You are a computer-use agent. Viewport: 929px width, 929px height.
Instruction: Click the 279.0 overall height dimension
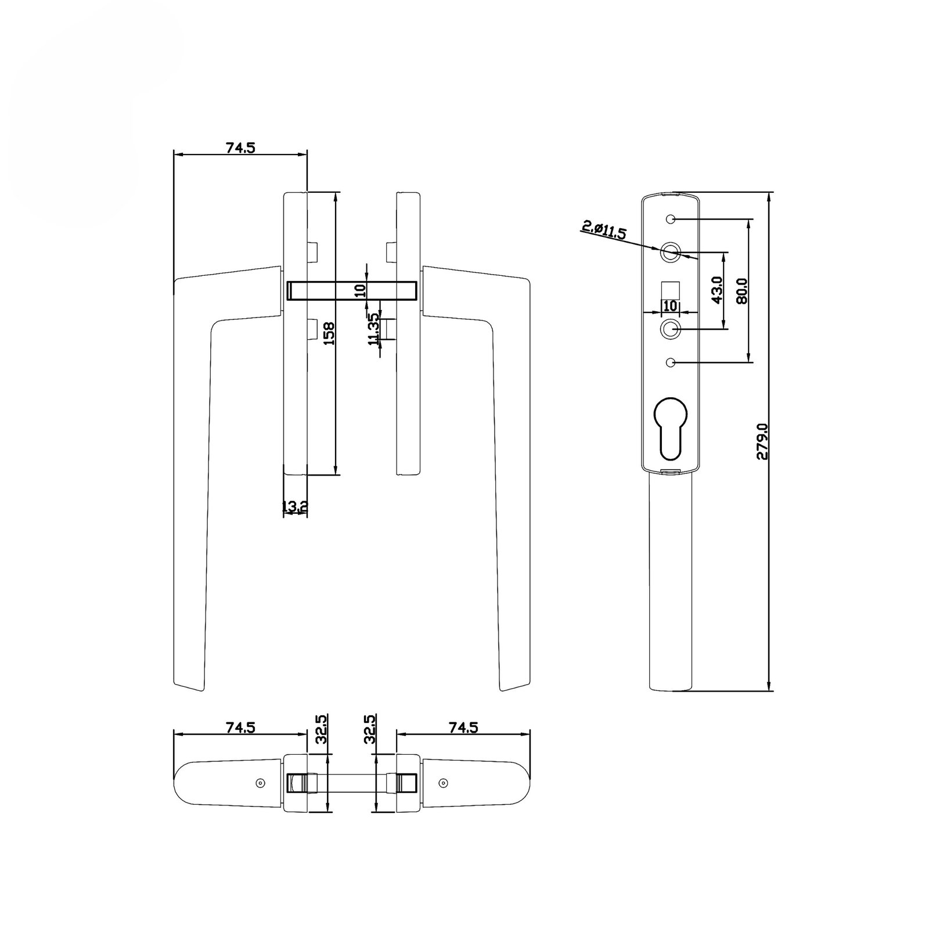coord(762,441)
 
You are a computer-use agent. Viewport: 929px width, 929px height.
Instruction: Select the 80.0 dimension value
coord(741,291)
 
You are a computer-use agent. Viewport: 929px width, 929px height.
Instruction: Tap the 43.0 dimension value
coord(716,290)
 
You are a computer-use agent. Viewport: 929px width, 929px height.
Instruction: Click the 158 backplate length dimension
coord(329,334)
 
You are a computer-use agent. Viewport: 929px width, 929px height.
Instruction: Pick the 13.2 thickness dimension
coord(294,507)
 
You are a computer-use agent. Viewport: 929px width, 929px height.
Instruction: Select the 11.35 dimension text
coord(375,330)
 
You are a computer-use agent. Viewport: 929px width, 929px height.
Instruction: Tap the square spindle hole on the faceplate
coord(671,289)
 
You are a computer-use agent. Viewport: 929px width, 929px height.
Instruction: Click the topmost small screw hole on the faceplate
coord(671,220)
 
